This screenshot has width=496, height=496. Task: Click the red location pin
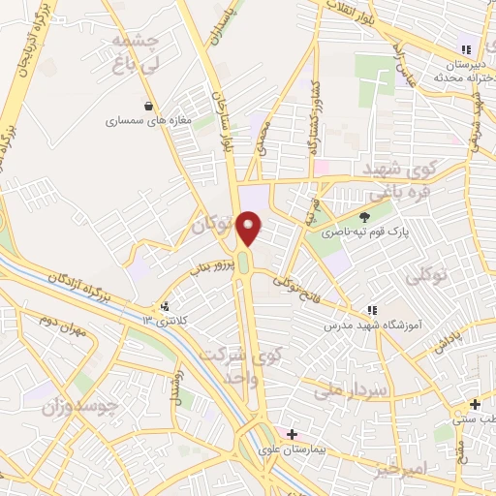(250, 228)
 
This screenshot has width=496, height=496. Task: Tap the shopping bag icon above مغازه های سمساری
(147, 107)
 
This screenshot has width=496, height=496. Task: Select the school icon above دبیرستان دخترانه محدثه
(466, 49)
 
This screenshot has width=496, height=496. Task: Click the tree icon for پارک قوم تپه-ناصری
(364, 217)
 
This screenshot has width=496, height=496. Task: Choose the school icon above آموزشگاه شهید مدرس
(370, 311)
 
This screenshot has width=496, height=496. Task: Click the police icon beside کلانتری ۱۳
(166, 307)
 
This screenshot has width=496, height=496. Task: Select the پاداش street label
(453, 338)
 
